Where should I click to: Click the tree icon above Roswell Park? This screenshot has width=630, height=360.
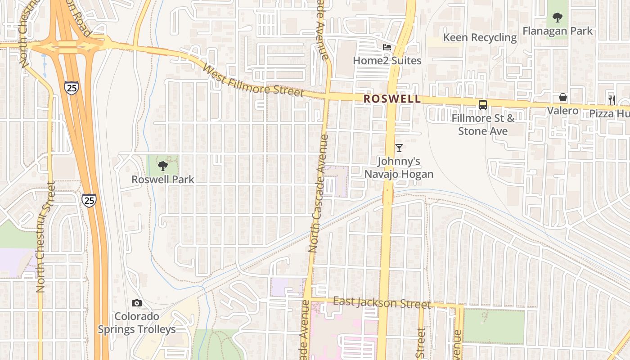click(163, 166)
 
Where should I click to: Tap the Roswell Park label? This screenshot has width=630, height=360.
click(163, 180)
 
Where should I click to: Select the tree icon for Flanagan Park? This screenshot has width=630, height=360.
click(558, 18)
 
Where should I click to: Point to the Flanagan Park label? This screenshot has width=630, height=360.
click(558, 31)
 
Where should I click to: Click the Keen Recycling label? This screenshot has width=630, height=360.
click(480, 37)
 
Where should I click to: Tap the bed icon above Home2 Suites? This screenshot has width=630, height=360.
click(387, 47)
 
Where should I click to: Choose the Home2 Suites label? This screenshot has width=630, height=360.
click(387, 60)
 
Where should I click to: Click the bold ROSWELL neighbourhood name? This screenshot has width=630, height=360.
click(392, 99)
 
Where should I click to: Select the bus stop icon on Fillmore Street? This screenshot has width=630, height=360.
click(483, 105)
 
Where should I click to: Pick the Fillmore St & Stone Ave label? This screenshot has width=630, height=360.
click(483, 125)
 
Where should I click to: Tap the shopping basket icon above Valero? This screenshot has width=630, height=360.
click(563, 97)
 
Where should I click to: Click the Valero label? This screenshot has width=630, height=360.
click(562, 110)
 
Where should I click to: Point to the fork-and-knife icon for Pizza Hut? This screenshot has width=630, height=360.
click(612, 100)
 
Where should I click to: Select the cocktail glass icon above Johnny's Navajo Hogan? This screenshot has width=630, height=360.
click(399, 148)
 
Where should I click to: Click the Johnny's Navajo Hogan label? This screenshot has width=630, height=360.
click(399, 167)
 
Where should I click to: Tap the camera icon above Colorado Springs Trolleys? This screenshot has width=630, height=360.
click(137, 303)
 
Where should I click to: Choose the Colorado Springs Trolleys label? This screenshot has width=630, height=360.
click(137, 323)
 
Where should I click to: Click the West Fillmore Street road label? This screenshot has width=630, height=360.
click(253, 81)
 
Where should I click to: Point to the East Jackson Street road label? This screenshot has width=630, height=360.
click(382, 302)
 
